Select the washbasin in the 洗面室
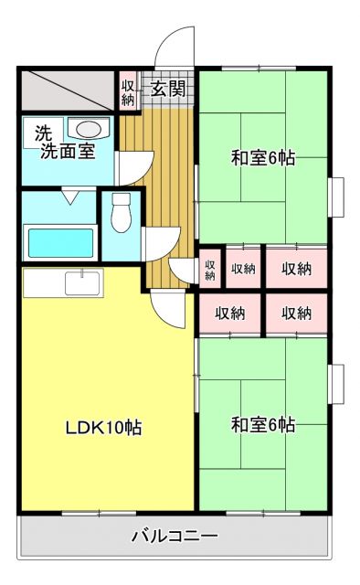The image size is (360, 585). [x=90, y=129]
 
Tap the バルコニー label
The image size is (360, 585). [x=174, y=537]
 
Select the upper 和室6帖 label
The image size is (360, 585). [x=261, y=158]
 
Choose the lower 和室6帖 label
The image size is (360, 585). [x=261, y=425]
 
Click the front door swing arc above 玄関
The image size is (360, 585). [x=174, y=46]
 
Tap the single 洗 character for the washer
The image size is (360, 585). [x=43, y=131]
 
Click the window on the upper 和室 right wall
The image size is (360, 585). [x=335, y=197]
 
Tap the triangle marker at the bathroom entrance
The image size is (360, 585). [x=70, y=196]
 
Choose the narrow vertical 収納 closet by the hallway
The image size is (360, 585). [x=209, y=271]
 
